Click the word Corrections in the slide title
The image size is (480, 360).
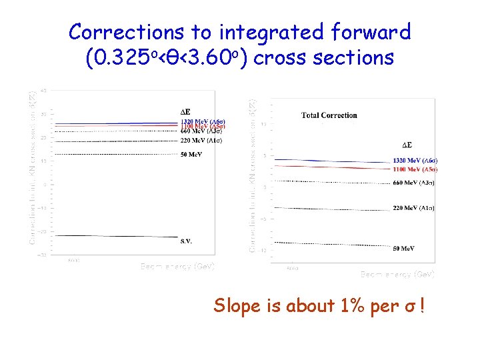[x=127, y=31]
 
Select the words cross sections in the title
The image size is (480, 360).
[x=324, y=59]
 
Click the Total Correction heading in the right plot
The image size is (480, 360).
[x=329, y=115]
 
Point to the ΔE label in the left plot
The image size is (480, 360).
[x=186, y=111]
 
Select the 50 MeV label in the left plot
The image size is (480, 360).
[x=191, y=155]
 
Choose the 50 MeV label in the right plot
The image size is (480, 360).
[x=403, y=249]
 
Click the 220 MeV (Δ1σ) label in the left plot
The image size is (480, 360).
[x=201, y=141]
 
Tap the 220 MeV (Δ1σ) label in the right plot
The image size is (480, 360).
[x=413, y=209]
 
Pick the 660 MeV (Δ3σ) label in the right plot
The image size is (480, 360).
[x=413, y=183]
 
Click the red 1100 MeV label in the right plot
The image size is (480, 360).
[x=415, y=169]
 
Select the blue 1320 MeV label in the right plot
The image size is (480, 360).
[x=415, y=161]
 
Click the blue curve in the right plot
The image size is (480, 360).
[x=333, y=161]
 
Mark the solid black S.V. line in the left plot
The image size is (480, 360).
[x=113, y=236]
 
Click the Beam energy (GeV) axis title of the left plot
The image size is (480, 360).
[x=177, y=266]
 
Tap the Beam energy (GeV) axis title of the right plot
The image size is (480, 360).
[x=397, y=274]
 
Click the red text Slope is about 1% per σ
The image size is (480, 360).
[x=319, y=306]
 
